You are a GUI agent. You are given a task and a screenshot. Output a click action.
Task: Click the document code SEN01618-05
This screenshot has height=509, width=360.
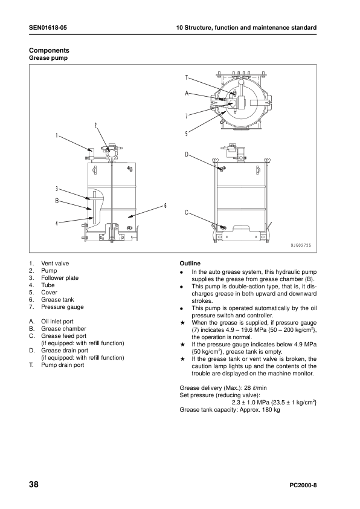tap(48, 28)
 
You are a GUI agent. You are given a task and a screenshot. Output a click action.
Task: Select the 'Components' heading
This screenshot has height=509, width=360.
tap(49, 50)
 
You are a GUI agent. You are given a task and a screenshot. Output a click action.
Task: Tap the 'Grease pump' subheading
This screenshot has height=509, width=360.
tap(48, 58)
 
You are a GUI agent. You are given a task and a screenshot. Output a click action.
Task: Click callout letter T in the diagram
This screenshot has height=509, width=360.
tap(187, 77)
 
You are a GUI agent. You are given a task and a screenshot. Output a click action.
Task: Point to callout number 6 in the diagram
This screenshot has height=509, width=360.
tap(165, 206)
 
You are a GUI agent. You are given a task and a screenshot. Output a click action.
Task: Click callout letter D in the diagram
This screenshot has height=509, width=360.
tap(187, 154)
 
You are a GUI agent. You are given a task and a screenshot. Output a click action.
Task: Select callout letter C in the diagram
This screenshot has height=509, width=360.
tap(187, 213)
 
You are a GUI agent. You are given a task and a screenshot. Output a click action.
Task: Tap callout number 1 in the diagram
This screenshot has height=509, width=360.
tap(57, 135)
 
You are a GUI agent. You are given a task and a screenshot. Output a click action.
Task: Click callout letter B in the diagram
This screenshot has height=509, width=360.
tap(57, 201)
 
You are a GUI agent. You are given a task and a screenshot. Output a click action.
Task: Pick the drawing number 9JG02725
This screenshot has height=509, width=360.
tap(301, 245)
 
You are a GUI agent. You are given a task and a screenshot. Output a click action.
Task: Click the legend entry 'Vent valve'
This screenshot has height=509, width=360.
tap(55, 263)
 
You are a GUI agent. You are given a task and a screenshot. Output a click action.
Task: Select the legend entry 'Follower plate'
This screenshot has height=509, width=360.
tap(60, 278)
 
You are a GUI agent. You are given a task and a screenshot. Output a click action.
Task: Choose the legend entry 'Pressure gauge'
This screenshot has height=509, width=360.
tap(62, 306)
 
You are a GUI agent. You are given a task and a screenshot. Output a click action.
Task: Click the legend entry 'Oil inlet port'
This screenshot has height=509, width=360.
tap(57, 322)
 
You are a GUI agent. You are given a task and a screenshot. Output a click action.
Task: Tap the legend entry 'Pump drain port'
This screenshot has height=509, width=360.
tap(63, 365)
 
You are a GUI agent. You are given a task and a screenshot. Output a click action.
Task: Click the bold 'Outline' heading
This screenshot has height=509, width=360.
tap(190, 263)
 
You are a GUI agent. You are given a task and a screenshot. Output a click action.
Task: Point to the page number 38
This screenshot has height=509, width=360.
tap(34, 484)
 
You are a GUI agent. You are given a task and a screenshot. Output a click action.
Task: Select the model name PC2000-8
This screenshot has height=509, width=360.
tap(303, 485)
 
